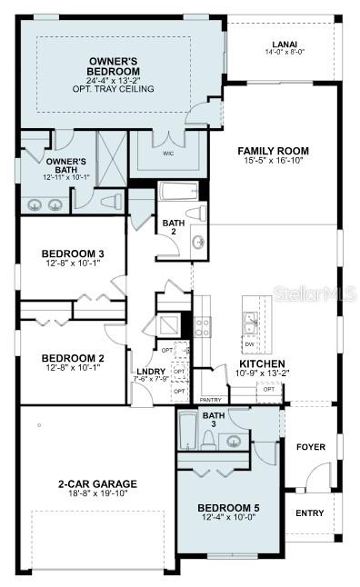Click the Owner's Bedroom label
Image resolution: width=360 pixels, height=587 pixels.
[x=114, y=65]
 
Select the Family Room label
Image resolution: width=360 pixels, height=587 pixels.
[x=273, y=151]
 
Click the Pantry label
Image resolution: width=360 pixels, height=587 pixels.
[x=211, y=399]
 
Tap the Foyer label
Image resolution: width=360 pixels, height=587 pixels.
[x=311, y=447]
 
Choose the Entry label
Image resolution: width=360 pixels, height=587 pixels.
[x=309, y=513]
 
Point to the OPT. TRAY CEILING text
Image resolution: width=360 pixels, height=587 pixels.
[x=114, y=89]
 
